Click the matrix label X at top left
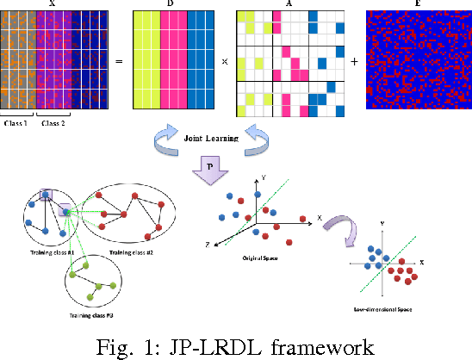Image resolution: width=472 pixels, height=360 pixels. [56, 4]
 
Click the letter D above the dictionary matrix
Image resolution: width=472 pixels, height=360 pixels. [170, 4]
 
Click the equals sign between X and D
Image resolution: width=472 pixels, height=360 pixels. [120, 62]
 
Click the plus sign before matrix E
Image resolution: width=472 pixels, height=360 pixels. [355, 62]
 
